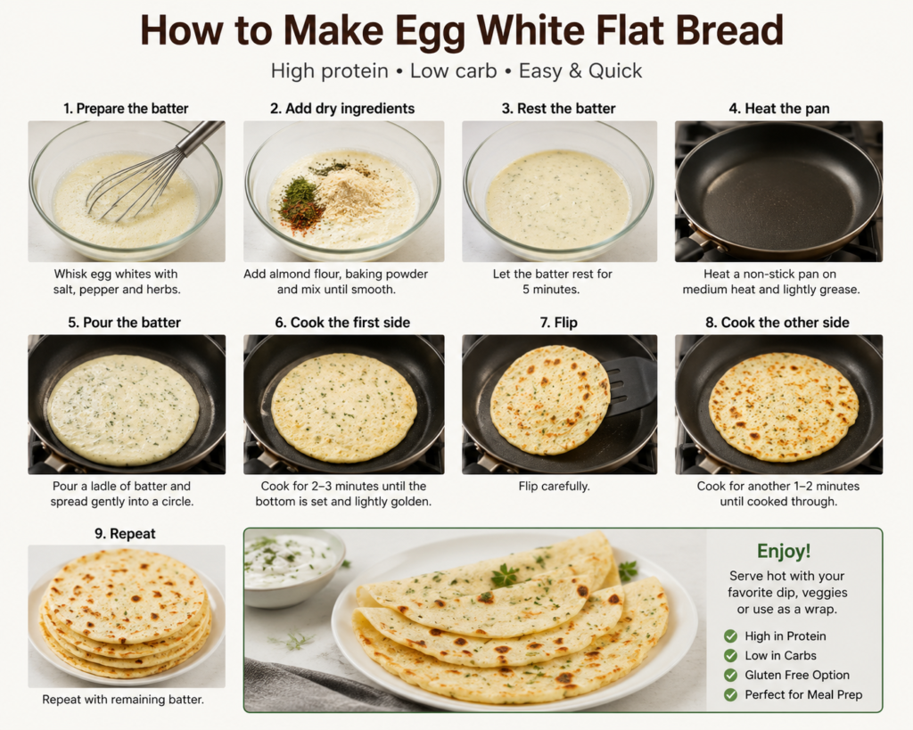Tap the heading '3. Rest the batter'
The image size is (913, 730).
558,108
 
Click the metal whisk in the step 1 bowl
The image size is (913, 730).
152,171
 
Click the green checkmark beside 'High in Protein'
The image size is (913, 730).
731,636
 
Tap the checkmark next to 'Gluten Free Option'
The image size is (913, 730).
731,676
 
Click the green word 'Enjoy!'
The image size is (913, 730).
784,551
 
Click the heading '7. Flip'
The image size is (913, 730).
558,323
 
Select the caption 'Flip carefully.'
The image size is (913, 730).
555,486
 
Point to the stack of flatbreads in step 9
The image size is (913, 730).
126,613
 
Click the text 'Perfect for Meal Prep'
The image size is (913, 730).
803,694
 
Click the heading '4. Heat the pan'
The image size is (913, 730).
779,108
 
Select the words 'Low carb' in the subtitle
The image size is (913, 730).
453,71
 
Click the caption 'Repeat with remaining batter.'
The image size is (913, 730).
123,699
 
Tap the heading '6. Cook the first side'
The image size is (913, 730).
342,323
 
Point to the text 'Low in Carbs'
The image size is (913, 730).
780,655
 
